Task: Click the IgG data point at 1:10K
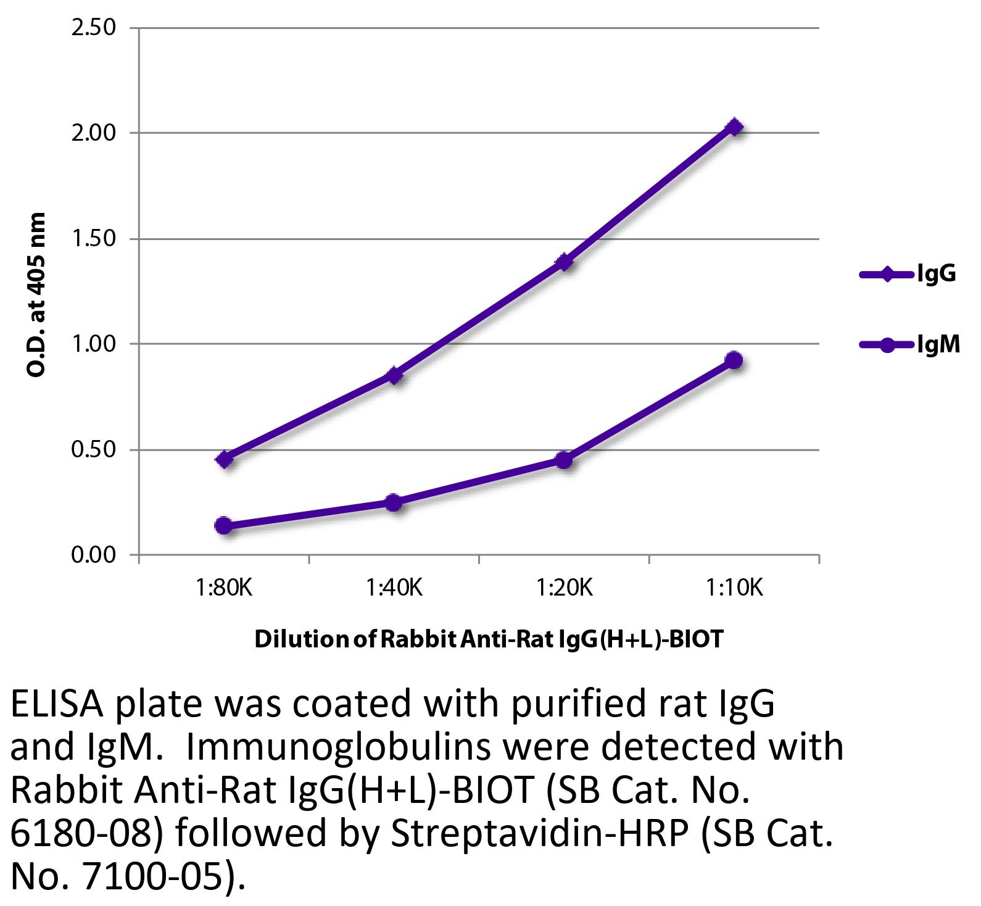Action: pyautogui.click(x=734, y=127)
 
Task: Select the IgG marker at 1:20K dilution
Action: pyautogui.click(x=564, y=262)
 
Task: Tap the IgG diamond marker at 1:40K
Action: pyautogui.click(x=394, y=375)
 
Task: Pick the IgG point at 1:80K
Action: pyautogui.click(x=225, y=459)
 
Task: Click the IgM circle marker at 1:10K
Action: pyautogui.click(x=734, y=360)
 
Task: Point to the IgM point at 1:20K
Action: pyautogui.click(x=564, y=460)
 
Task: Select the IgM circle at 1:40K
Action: pyautogui.click(x=394, y=502)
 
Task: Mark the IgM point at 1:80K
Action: pyautogui.click(x=225, y=526)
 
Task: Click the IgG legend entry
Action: pyautogui.click(x=908, y=274)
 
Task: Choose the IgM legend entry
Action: pyautogui.click(x=909, y=345)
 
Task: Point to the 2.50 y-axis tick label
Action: pyautogui.click(x=94, y=28)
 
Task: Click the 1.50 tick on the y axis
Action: pyautogui.click(x=94, y=239)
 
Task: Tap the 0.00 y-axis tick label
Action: pyautogui.click(x=94, y=555)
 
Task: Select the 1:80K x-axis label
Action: pyautogui.click(x=225, y=588)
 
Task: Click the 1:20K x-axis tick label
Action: pyautogui.click(x=564, y=588)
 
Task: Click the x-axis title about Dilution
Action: pyautogui.click(x=488, y=639)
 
